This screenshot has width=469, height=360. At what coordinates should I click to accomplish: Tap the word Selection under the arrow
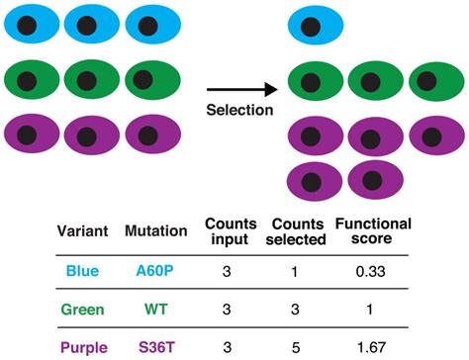coord(239,109)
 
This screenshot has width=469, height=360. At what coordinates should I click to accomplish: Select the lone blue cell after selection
coord(315,26)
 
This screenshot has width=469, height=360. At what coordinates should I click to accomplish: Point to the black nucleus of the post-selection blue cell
coord(312,27)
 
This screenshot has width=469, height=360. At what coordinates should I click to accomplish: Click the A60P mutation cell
coord(155,270)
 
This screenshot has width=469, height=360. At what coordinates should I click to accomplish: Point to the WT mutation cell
coord(155,310)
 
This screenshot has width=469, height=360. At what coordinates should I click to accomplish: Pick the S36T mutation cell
coord(155,347)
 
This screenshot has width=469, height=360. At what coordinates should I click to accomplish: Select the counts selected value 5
coord(299,347)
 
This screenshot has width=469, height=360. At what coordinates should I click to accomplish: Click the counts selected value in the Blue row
coord(299,270)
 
